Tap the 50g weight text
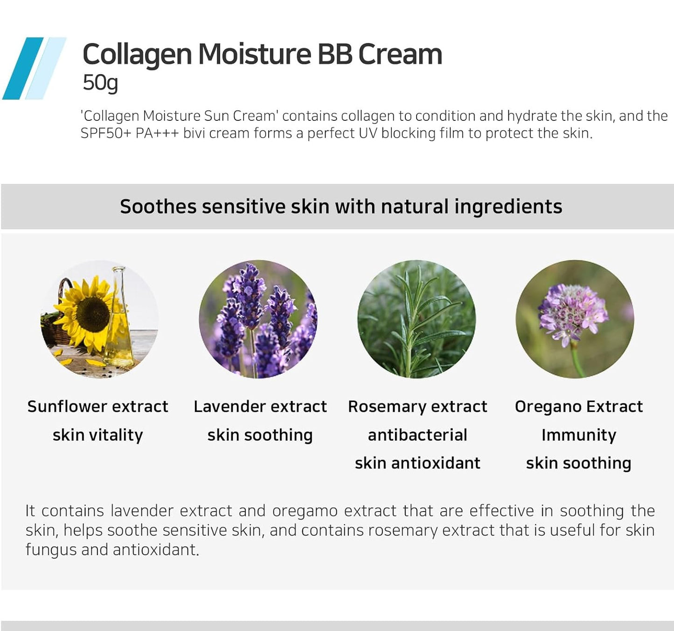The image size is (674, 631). [x=100, y=83]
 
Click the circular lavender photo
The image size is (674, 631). [x=258, y=319]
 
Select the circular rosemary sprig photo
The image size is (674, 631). [x=416, y=319]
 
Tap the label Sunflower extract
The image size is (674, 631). [x=97, y=407]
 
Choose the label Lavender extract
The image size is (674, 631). [x=260, y=407]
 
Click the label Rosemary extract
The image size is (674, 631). [x=417, y=407]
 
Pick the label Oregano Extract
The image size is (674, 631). [x=578, y=407]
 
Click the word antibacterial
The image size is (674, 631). [x=417, y=435]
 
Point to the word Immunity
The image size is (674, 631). [x=578, y=435]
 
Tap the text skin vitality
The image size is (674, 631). [x=97, y=435]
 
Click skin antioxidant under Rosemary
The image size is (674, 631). [x=417, y=463]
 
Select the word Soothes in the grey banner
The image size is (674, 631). [x=158, y=207]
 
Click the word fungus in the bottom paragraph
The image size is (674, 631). [x=51, y=550]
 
